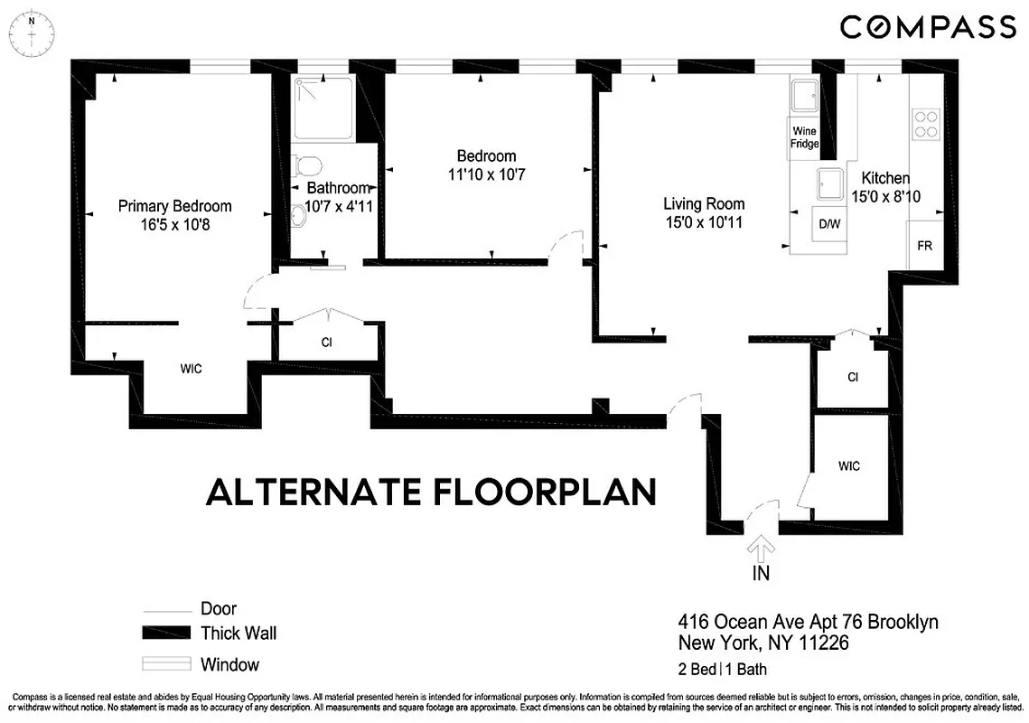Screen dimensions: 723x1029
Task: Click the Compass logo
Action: click(x=927, y=26)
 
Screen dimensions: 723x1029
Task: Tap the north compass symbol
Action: click(x=33, y=32)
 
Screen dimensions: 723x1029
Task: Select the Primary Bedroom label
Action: click(x=174, y=206)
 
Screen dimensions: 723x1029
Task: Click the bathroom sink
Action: click(x=299, y=215)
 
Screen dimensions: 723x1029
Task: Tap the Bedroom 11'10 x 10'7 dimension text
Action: click(x=486, y=174)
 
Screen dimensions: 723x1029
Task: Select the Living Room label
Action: click(x=703, y=203)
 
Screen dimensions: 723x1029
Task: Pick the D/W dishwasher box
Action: click(x=828, y=223)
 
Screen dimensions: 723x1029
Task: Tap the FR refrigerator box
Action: click(x=925, y=245)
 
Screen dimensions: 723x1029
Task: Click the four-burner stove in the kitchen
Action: click(x=925, y=123)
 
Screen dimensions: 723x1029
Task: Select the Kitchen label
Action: click(x=884, y=178)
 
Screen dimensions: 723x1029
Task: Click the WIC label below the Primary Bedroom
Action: click(x=191, y=369)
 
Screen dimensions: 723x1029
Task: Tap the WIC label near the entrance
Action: click(x=848, y=466)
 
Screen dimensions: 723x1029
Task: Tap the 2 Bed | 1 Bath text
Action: click(x=723, y=670)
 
